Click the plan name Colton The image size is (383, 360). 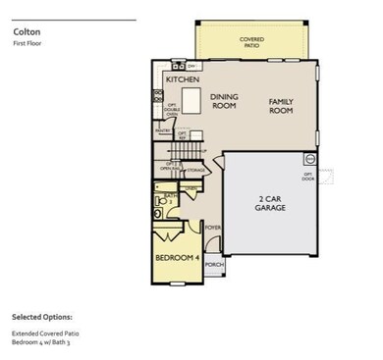pos(27,31)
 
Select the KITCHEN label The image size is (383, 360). pos(184,78)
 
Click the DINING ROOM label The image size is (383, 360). pos(225,100)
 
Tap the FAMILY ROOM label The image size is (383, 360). pos(282,105)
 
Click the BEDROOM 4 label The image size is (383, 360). pos(177,258)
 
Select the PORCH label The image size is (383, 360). pos(214,265)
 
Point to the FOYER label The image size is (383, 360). pos(212,228)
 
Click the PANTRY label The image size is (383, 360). pos(163,129)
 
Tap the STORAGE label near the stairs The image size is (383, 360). pos(195,171)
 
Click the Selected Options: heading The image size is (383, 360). pos(41,318)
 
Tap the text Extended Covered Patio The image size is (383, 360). pos(44,334)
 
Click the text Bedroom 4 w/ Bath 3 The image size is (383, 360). pos(41,343)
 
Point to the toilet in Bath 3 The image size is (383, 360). pos(158,212)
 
